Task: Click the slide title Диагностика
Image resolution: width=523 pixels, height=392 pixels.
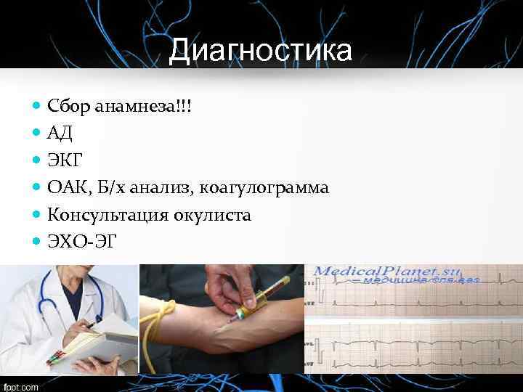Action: (x=261, y=51)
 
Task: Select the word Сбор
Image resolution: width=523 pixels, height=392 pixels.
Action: (x=68, y=107)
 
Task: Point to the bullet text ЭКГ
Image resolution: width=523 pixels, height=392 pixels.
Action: (x=64, y=161)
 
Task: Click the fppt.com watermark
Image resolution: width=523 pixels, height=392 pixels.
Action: (x=20, y=387)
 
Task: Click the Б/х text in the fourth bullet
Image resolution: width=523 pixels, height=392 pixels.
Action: (x=121, y=188)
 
